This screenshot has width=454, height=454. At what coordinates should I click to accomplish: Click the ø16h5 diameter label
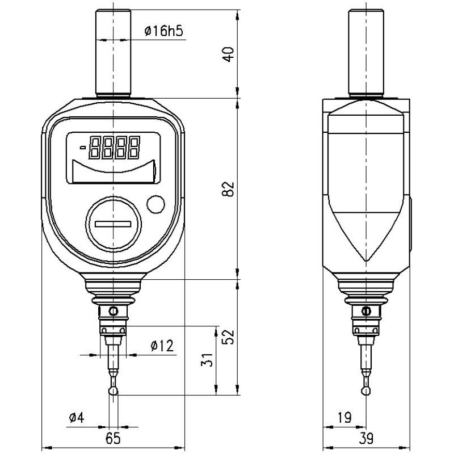click(x=163, y=31)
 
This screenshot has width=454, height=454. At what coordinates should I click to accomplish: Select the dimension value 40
click(x=228, y=55)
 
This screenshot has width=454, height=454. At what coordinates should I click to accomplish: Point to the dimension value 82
click(x=228, y=189)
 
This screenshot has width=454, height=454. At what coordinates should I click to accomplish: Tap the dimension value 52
click(x=228, y=337)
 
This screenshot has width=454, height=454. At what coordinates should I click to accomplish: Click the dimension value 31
click(x=208, y=359)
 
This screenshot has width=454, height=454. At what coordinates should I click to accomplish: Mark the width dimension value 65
click(x=113, y=438)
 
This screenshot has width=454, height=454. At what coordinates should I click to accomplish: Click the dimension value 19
click(x=344, y=418)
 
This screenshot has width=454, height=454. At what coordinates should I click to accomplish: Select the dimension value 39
click(x=367, y=438)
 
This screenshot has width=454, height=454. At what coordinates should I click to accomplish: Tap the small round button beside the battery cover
click(x=155, y=204)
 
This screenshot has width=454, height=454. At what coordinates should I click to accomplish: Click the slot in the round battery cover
click(x=112, y=225)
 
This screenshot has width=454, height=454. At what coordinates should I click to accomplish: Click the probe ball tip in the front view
click(x=113, y=390)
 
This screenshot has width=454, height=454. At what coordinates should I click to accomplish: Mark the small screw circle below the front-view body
click(x=113, y=311)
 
